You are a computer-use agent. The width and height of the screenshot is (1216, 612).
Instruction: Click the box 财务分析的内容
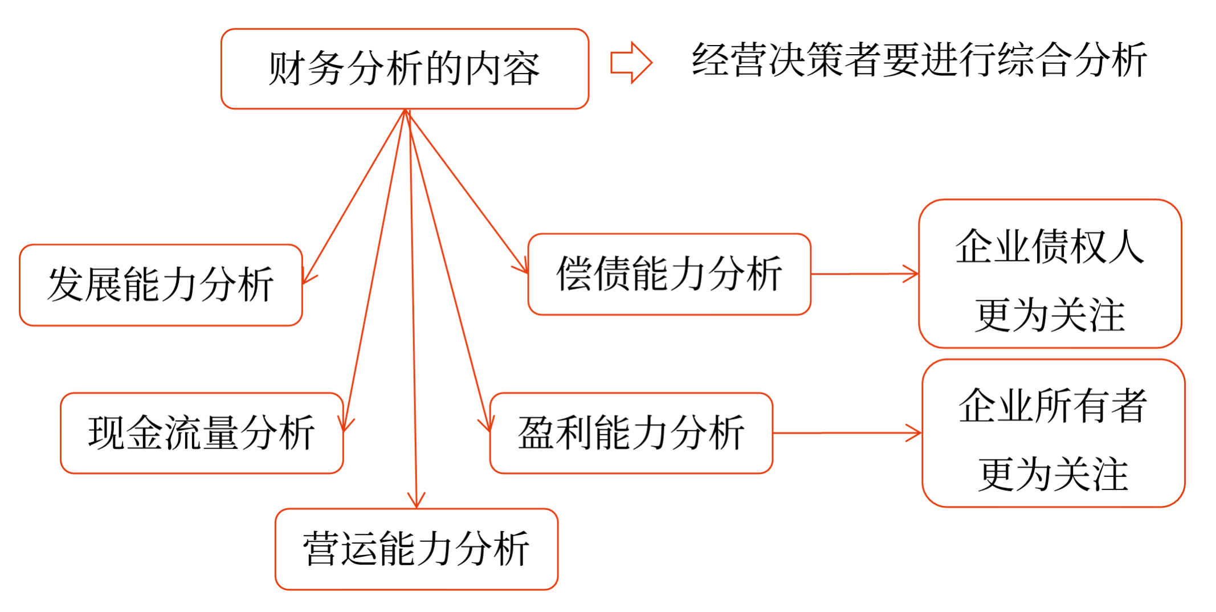[405, 69]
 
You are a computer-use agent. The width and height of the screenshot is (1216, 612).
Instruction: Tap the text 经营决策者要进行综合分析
[919, 60]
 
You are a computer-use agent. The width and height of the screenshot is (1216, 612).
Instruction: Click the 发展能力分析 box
[161, 285]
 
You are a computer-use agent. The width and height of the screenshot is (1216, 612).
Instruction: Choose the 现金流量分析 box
[202, 433]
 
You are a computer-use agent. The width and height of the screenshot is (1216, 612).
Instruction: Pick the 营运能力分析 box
[416, 549]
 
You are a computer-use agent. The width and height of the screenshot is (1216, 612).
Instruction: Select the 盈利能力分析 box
[631, 433]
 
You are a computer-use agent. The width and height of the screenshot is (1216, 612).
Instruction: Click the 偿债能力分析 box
[669, 274]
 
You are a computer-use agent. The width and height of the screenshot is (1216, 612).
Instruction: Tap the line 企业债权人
[1050, 247]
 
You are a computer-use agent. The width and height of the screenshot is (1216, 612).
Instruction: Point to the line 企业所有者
[1053, 406]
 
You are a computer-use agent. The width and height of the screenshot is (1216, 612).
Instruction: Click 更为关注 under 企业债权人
[1050, 315]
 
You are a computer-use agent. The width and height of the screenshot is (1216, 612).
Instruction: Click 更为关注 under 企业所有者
[1053, 475]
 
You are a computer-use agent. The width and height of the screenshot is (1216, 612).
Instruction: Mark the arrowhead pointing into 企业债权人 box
[912, 274]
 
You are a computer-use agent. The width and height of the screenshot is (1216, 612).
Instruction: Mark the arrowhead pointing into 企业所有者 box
[915, 433]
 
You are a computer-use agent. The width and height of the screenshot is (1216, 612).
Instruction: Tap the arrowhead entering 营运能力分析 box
[417, 501]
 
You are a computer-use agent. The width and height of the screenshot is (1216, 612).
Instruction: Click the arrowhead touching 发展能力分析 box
[308, 278]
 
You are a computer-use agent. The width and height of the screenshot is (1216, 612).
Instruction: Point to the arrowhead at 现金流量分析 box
[346, 425]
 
